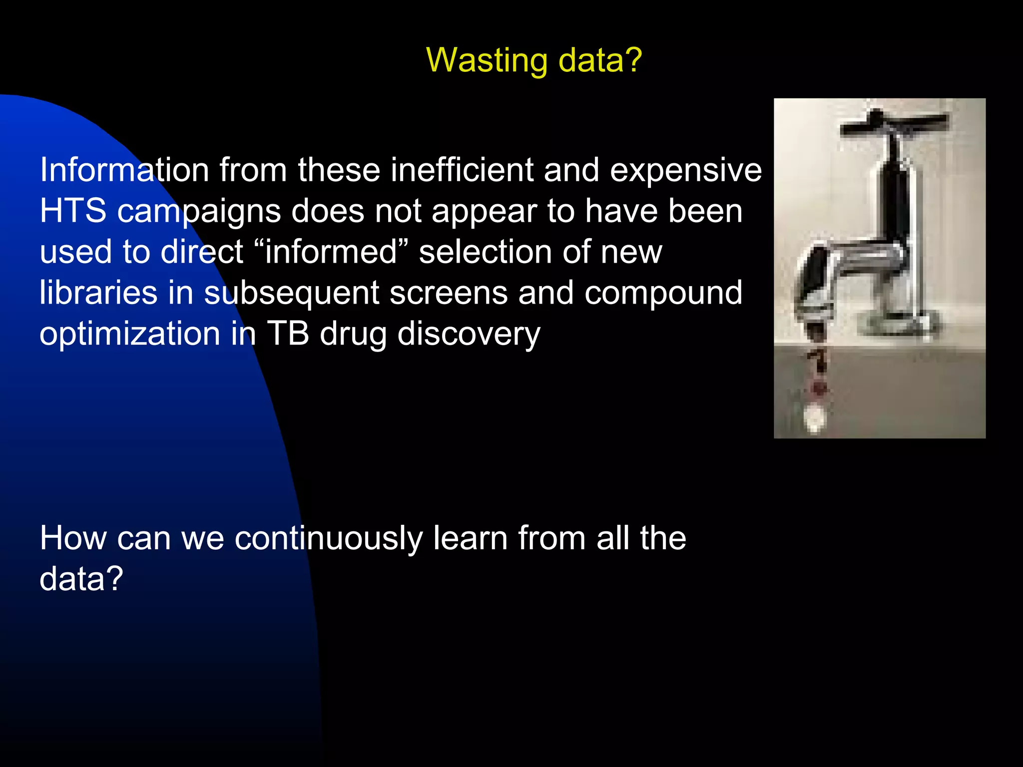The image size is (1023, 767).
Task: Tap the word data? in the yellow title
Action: point(599,60)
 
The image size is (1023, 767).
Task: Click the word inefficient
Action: point(462,170)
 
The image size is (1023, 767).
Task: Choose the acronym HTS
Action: point(73,211)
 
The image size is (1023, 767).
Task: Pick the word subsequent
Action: point(292,294)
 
